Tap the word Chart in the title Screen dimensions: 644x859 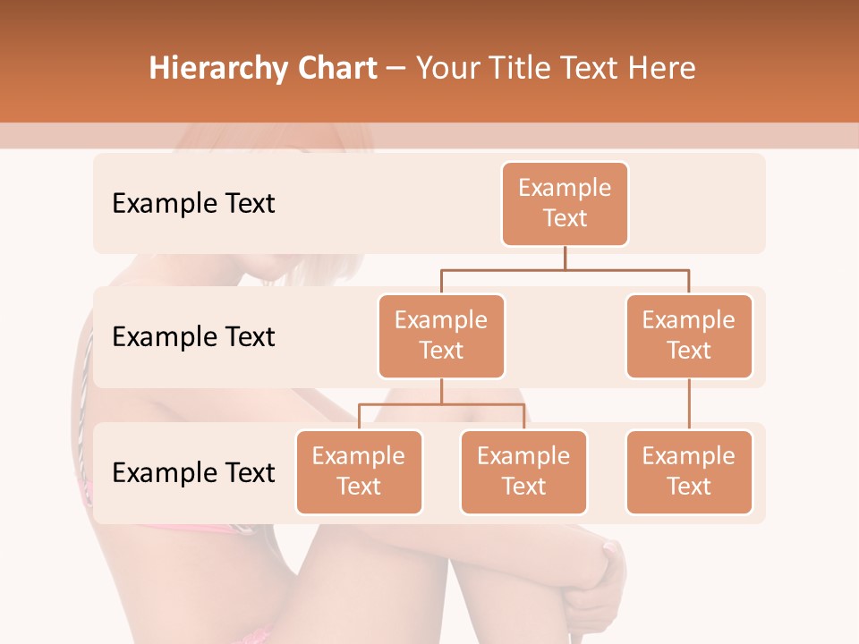[x=335, y=69]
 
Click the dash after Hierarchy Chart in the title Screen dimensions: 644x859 [x=396, y=69]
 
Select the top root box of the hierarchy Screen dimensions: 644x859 [x=565, y=203]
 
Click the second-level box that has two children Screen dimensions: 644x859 [x=441, y=335]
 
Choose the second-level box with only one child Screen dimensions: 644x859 [x=689, y=335]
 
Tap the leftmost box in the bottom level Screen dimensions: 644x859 [x=359, y=471]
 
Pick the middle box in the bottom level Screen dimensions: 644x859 [x=523, y=471]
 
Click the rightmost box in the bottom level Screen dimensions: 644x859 [x=689, y=471]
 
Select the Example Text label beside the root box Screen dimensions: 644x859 [x=193, y=204]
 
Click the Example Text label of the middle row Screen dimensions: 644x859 [x=193, y=337]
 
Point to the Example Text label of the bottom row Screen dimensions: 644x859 [x=193, y=472]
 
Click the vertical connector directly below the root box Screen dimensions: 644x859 [x=565, y=258]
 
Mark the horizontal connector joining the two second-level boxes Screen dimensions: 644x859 [x=565, y=269]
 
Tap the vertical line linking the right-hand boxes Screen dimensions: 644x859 [x=689, y=404]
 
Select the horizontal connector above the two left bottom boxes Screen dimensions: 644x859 [x=441, y=404]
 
